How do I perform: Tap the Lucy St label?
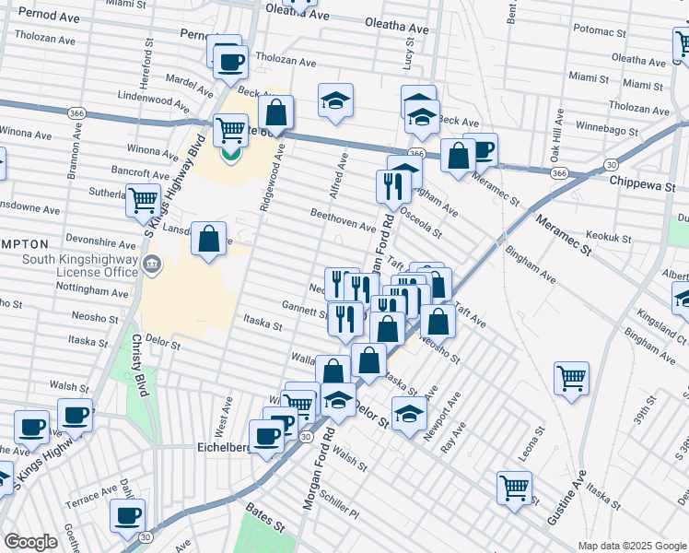point(407,59)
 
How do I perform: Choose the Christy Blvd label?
point(140,365)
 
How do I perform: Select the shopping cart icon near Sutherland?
point(143,199)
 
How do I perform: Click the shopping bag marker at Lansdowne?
point(209,239)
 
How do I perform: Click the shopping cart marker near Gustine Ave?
point(514,488)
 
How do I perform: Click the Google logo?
point(30,542)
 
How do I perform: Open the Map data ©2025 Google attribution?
point(631,545)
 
